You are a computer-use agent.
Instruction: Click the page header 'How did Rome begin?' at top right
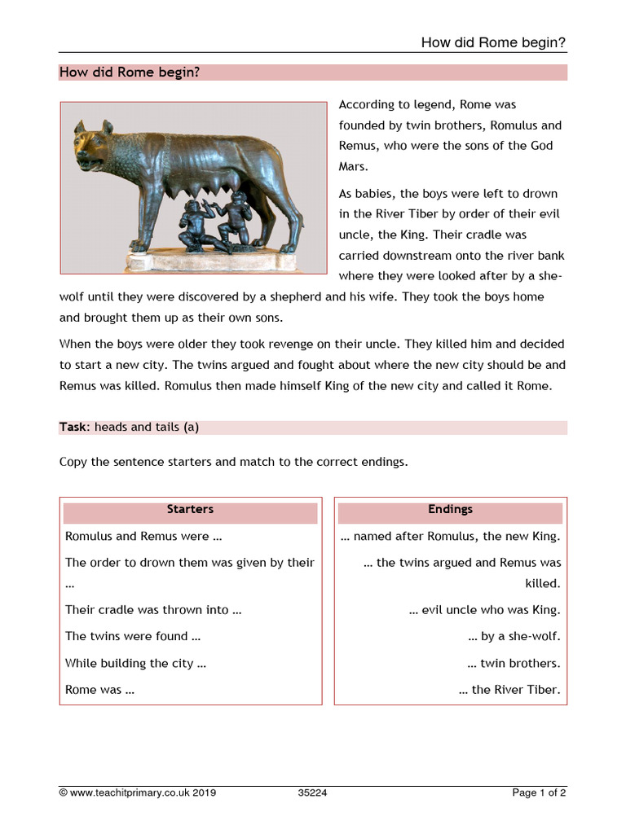493,42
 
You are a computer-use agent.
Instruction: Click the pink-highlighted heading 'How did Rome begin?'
130,72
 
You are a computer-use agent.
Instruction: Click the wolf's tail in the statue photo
295,204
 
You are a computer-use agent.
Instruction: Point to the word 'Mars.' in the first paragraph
354,166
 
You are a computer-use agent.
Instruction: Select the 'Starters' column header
190,509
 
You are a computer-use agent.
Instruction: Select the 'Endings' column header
450,509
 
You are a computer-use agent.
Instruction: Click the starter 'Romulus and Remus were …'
143,537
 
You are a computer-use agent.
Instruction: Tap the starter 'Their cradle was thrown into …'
153,610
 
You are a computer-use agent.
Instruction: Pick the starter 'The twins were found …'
133,636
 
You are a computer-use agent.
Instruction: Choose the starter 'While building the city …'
135,663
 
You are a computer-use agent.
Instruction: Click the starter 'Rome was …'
99,690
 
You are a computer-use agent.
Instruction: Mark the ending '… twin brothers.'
514,663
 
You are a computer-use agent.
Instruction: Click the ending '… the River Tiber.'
509,690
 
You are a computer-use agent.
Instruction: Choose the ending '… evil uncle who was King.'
485,610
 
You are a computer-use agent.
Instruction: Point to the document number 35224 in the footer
312,792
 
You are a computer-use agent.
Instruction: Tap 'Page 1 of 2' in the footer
539,792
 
